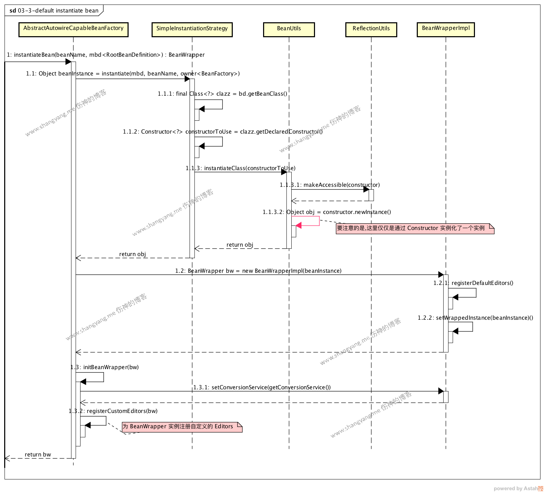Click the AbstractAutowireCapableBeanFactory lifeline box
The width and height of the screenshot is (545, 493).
click(x=73, y=29)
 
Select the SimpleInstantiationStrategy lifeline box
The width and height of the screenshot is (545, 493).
click(x=192, y=29)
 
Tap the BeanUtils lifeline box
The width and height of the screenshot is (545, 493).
click(x=289, y=29)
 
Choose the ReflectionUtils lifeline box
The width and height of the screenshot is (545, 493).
click(x=371, y=29)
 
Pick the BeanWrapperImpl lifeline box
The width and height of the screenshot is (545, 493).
click(x=446, y=29)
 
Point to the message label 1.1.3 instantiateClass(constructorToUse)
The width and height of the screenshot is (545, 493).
click(x=240, y=168)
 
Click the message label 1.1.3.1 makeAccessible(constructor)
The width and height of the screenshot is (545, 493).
click(x=330, y=185)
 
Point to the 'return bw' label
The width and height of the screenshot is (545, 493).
click(x=38, y=455)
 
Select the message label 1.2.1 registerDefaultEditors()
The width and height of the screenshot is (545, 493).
click(x=473, y=283)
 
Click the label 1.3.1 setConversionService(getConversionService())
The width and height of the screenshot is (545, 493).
click(x=262, y=388)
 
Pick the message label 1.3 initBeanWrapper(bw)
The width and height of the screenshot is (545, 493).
click(x=105, y=367)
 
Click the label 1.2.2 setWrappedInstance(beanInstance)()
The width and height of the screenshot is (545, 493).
click(x=475, y=318)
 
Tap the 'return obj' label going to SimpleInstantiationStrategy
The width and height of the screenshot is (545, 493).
click(x=240, y=245)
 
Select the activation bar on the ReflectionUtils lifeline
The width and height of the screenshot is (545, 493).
click(x=371, y=195)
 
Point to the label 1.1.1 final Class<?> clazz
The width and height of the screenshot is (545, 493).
click(x=222, y=94)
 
